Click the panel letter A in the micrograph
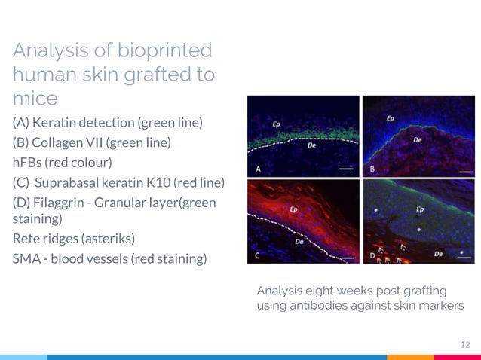tap(259, 169)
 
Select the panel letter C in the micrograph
tap(259, 255)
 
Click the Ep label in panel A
tap(278, 123)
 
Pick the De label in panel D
tap(438, 255)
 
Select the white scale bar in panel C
tap(348, 258)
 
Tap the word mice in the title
tap(35, 99)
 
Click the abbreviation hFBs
tap(26, 163)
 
